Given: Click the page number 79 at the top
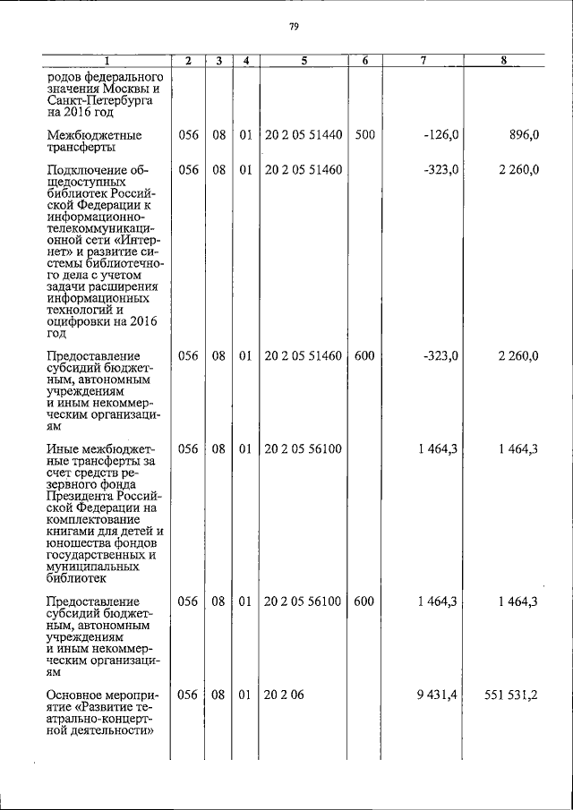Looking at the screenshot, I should coord(293,27).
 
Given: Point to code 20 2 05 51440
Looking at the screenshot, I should coord(304,134).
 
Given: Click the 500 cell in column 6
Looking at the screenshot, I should coord(363,134).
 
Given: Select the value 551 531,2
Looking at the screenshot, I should coord(509,695).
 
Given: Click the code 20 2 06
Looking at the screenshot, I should coord(285,695).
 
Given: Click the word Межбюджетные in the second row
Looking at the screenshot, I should coord(90,134).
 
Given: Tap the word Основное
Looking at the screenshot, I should coord(76,695).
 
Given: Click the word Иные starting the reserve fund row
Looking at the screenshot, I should coord(62,447).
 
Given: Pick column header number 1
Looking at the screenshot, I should coord(107,61).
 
